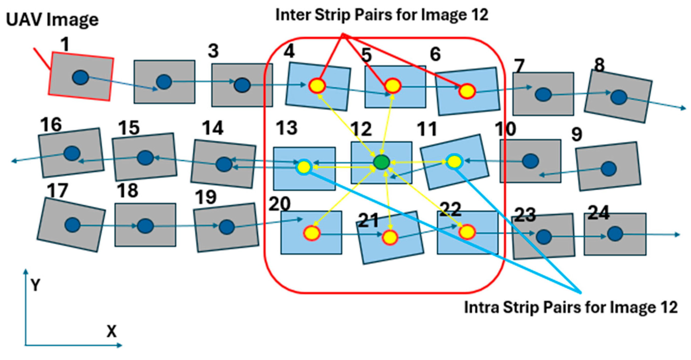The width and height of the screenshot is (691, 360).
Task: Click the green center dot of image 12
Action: coord(381,162)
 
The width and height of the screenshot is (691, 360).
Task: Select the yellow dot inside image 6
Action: coord(467,91)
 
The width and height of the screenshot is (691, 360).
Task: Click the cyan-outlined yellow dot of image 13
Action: coord(304,167)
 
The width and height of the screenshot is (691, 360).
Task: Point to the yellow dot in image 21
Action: coord(390,237)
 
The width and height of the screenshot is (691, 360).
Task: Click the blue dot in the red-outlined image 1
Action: coord(80,78)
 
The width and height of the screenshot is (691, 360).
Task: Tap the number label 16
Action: coord(51,125)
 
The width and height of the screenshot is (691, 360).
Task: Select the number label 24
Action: coord(598,213)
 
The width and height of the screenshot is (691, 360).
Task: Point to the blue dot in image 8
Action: coord(619,97)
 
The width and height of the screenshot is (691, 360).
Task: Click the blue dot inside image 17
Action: coord(73,225)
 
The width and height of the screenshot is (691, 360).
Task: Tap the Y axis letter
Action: coord(35,285)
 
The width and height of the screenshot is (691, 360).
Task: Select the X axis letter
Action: coord(112,332)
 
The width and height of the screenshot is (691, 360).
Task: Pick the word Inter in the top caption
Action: coord(293,15)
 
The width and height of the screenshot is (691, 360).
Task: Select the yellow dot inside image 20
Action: coord(312,233)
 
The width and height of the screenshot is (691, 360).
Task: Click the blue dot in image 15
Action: coord(145,158)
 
